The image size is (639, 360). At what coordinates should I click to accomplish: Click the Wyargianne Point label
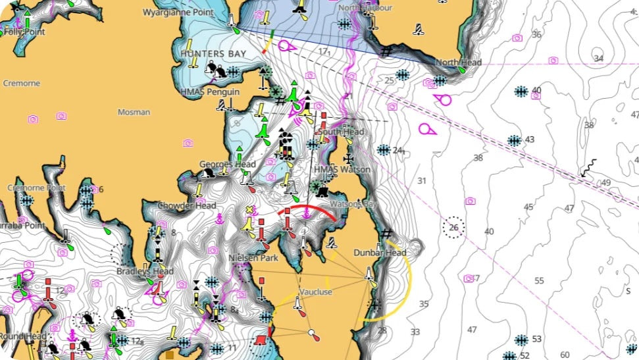click(x=178, y=12)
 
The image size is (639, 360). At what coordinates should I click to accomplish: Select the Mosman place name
click(x=134, y=113)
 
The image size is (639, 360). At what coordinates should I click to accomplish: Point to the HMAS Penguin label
click(x=209, y=92)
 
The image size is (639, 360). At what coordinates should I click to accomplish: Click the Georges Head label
click(x=228, y=165)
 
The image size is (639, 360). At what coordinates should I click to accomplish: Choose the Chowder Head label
click(x=186, y=206)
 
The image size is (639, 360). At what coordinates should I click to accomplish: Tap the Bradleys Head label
click(x=145, y=271)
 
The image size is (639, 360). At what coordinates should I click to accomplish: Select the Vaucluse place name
click(x=315, y=292)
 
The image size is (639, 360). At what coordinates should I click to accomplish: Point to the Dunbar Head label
click(x=379, y=253)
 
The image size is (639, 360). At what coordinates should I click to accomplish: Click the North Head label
click(x=459, y=63)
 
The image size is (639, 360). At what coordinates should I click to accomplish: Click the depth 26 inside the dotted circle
click(x=453, y=228)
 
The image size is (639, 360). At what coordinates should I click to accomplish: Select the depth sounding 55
click(x=539, y=281)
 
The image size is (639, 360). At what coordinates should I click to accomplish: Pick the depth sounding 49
click(x=606, y=183)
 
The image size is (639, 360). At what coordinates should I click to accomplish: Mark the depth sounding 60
click(x=565, y=355)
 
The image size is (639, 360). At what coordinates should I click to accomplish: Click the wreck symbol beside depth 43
click(x=514, y=140)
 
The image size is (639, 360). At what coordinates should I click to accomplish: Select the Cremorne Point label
click(x=36, y=188)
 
